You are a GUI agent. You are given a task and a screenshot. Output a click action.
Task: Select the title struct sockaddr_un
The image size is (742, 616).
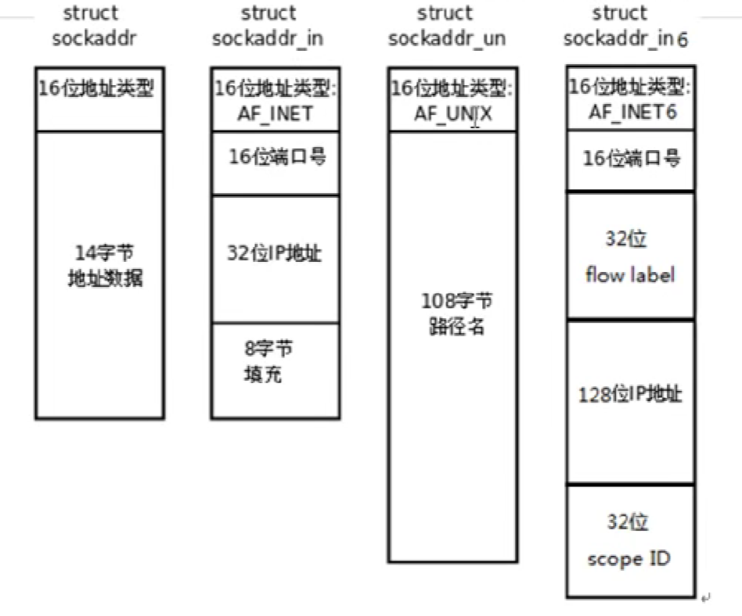(x=447, y=26)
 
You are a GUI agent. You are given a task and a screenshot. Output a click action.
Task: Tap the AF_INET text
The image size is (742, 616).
(x=275, y=113)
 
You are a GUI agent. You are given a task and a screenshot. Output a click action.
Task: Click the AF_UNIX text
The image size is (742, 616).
(x=453, y=114)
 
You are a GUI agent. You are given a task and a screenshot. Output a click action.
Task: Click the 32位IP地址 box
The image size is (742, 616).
(x=275, y=259)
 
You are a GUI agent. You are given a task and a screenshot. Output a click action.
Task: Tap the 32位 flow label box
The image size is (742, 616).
(x=630, y=255)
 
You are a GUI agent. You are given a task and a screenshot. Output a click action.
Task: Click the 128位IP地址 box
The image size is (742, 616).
(x=630, y=402)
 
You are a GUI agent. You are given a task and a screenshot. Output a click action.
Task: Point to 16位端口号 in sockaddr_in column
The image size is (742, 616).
(x=276, y=157)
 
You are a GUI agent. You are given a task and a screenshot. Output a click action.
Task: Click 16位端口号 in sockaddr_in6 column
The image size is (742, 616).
(x=631, y=159)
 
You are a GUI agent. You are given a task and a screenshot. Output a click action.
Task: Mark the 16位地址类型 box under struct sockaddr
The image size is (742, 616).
(x=99, y=99)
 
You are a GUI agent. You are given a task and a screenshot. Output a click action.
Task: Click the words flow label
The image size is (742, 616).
(x=630, y=275)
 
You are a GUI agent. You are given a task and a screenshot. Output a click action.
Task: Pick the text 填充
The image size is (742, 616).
(x=262, y=374)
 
